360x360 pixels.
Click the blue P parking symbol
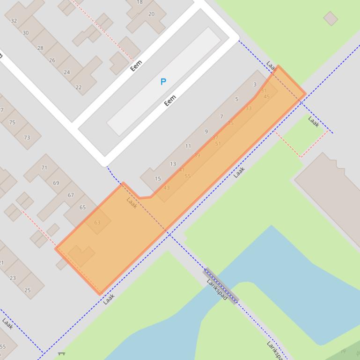(163, 82)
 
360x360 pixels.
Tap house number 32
(14, 21)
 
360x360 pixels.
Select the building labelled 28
(40, 48)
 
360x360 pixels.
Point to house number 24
(66, 72)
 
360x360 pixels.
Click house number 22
(78, 87)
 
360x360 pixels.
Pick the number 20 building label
(151, 14)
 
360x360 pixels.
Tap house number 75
(12, 122)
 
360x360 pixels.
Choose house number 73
(27, 138)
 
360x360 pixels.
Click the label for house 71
(44, 167)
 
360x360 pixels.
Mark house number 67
(71, 195)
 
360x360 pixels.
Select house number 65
(82, 207)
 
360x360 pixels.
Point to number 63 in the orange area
(97, 223)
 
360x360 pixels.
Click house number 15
(158, 179)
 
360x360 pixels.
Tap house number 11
(188, 146)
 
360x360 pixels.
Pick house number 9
(206, 132)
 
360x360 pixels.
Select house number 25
(28, 290)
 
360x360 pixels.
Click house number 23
(13, 278)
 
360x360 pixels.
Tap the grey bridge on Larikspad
(221, 285)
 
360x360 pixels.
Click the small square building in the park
(331, 18)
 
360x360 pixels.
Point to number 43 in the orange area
(167, 188)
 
